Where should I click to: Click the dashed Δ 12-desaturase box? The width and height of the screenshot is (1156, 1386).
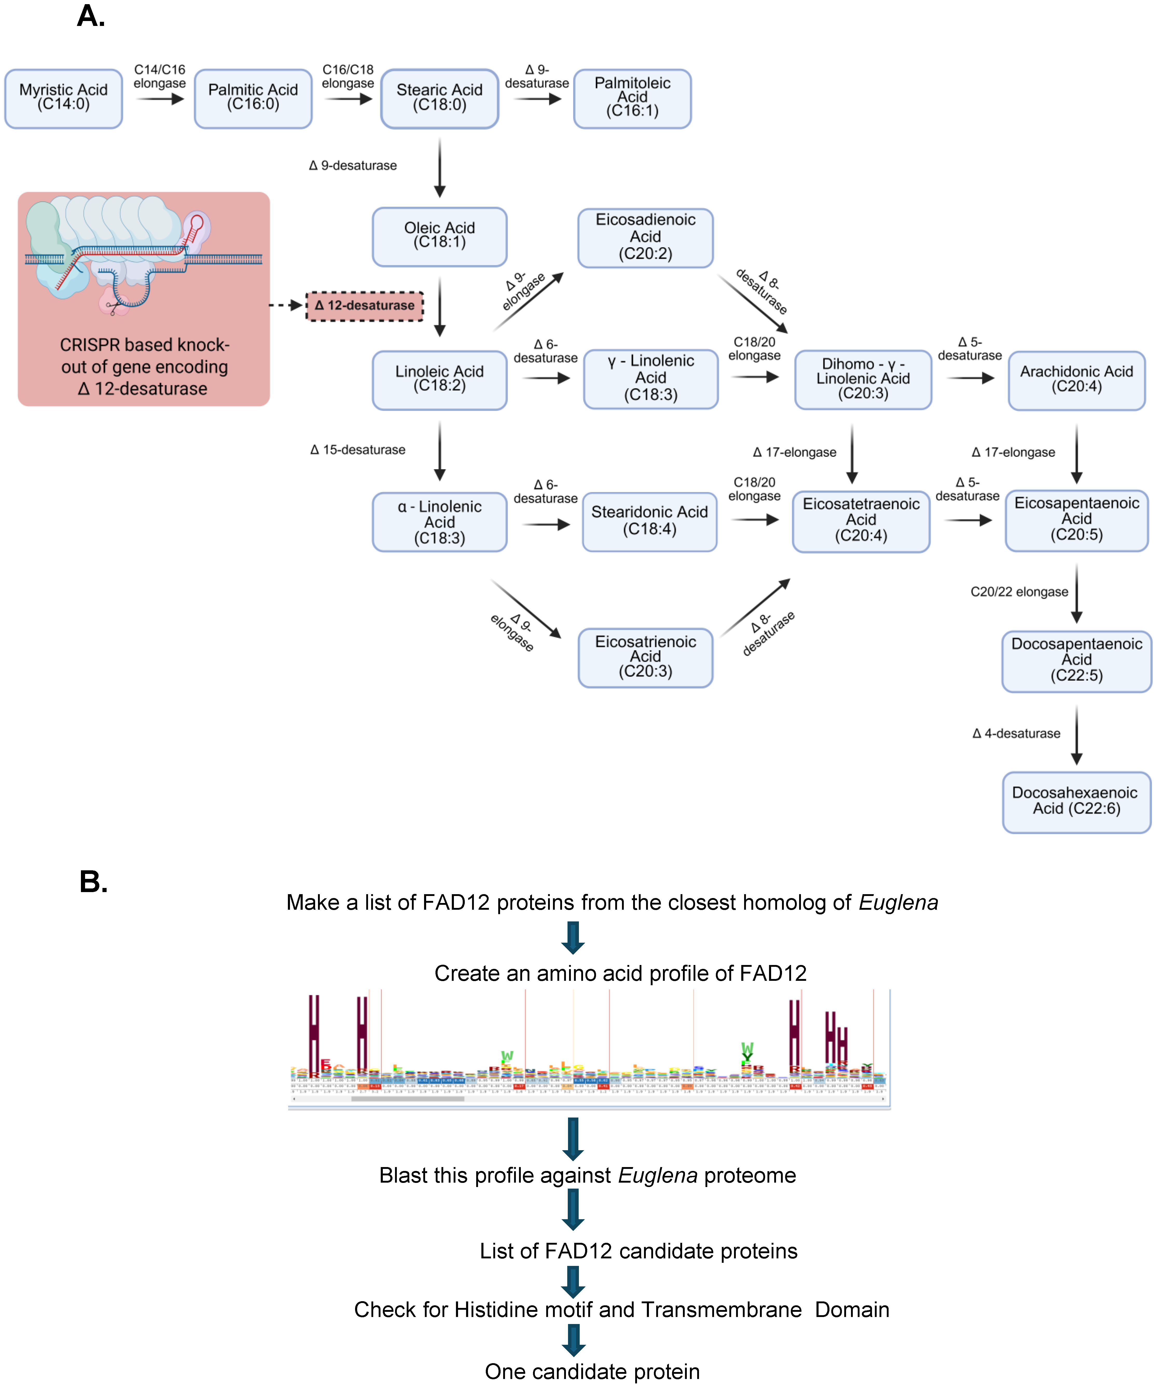click(364, 306)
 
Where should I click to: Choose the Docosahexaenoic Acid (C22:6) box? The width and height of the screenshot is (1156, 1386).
click(1076, 801)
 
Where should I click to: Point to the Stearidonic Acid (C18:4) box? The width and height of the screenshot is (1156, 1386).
click(649, 521)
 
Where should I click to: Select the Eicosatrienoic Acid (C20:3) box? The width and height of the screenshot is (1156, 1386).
click(645, 657)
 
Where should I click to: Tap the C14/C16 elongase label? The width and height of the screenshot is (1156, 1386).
click(160, 77)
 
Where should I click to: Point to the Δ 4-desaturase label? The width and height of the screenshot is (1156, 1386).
click(1016, 733)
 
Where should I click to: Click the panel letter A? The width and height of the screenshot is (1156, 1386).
click(91, 17)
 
